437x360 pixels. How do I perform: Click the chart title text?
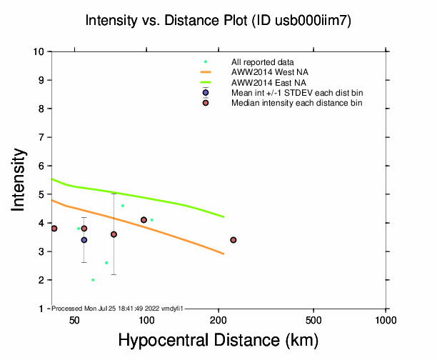(218, 21)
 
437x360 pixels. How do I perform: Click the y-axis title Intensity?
(20, 180)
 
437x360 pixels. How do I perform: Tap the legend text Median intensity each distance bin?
(296, 103)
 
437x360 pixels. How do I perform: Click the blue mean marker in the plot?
(84, 240)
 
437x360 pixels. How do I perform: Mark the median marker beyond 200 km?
(233, 240)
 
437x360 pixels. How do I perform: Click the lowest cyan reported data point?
(93, 280)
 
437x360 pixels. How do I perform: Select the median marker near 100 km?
(144, 220)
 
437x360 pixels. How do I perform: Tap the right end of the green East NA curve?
(224, 216)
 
